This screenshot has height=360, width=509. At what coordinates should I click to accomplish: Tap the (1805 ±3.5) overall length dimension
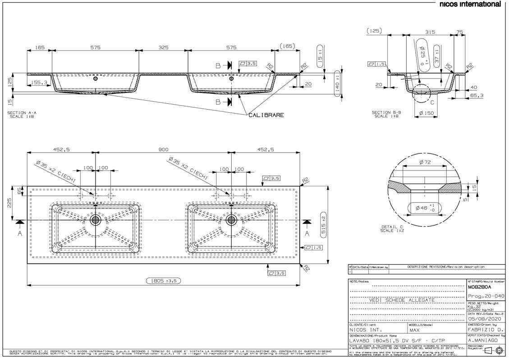[163, 281]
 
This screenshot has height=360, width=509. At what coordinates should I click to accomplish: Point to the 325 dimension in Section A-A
[163, 47]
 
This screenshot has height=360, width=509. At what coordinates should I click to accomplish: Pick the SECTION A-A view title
[22, 114]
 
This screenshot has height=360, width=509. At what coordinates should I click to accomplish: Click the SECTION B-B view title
[386, 114]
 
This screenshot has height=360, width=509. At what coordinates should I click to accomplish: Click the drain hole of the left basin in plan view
[96, 220]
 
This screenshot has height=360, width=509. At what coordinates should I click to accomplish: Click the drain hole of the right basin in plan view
[232, 220]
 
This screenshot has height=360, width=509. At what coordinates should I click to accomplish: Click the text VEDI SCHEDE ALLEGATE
[402, 300]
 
